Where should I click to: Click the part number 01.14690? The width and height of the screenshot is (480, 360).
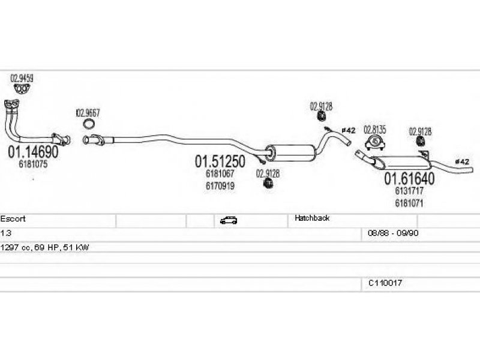pyautogui.click(x=33, y=152)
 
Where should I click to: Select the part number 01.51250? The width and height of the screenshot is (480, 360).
pyautogui.click(x=220, y=161)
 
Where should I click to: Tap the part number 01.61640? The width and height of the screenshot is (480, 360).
pyautogui.click(x=409, y=178)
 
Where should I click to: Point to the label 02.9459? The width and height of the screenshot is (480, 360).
pyautogui.click(x=22, y=79)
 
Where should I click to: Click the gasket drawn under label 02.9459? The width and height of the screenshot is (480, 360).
pyautogui.click(x=22, y=89)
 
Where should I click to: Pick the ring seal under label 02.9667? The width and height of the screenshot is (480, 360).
pyautogui.click(x=89, y=124)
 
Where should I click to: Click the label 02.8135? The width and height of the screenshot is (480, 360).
pyautogui.click(x=374, y=130)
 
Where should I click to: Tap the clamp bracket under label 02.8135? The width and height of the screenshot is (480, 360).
pyautogui.click(x=374, y=143)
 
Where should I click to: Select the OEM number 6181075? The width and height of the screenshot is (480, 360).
pyautogui.click(x=33, y=164)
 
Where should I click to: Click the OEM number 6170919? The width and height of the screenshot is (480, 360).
pyautogui.click(x=220, y=186)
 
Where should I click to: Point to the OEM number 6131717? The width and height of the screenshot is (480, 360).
pyautogui.click(x=409, y=191)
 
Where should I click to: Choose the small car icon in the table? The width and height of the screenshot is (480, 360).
pyautogui.click(x=229, y=220)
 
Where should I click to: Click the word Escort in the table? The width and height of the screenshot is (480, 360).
pyautogui.click(x=13, y=219)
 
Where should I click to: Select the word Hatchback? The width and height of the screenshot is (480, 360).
pyautogui.click(x=312, y=218)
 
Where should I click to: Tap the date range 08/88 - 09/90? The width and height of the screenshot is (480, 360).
pyautogui.click(x=393, y=233)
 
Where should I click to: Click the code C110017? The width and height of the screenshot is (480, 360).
pyautogui.click(x=385, y=283)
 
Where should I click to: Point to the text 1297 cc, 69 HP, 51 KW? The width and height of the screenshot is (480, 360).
pyautogui.click(x=44, y=247)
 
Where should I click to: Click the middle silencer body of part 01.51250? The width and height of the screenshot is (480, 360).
pyautogui.click(x=290, y=153)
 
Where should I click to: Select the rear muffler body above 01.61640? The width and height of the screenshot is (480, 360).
pyautogui.click(x=401, y=163)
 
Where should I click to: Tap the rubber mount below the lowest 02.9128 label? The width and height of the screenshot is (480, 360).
pyautogui.click(x=268, y=184)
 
